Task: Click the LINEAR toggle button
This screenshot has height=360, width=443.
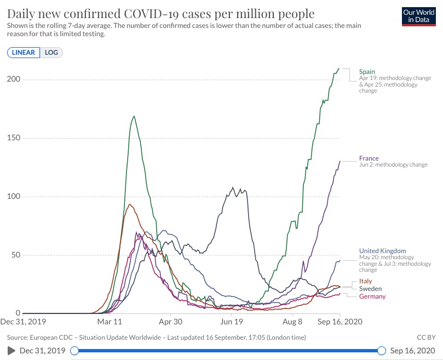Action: [x=24, y=53]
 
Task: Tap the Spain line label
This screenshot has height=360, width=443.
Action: [x=367, y=71]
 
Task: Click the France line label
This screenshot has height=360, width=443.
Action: [x=369, y=158]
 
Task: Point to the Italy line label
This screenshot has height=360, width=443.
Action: [x=365, y=281]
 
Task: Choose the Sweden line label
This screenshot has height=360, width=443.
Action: [x=370, y=289]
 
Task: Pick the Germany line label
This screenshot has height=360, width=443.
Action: [x=372, y=296]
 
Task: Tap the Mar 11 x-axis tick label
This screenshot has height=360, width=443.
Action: [x=111, y=323]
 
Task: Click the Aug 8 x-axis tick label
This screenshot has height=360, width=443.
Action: [x=293, y=323]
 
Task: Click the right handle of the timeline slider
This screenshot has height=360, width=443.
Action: [x=382, y=351]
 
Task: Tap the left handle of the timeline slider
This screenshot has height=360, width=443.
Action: [x=74, y=351]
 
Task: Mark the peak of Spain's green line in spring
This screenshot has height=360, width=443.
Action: [x=134, y=116]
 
